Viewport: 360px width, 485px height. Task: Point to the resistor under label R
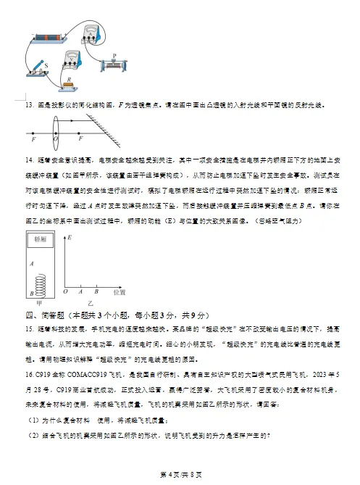click(x=70, y=84)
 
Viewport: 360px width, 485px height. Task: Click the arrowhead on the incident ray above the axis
click(x=43, y=120)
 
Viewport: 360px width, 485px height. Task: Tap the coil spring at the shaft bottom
click(x=40, y=283)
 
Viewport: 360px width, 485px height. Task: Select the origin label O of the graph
click(x=66, y=291)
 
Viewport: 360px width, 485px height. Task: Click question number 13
click(x=30, y=104)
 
